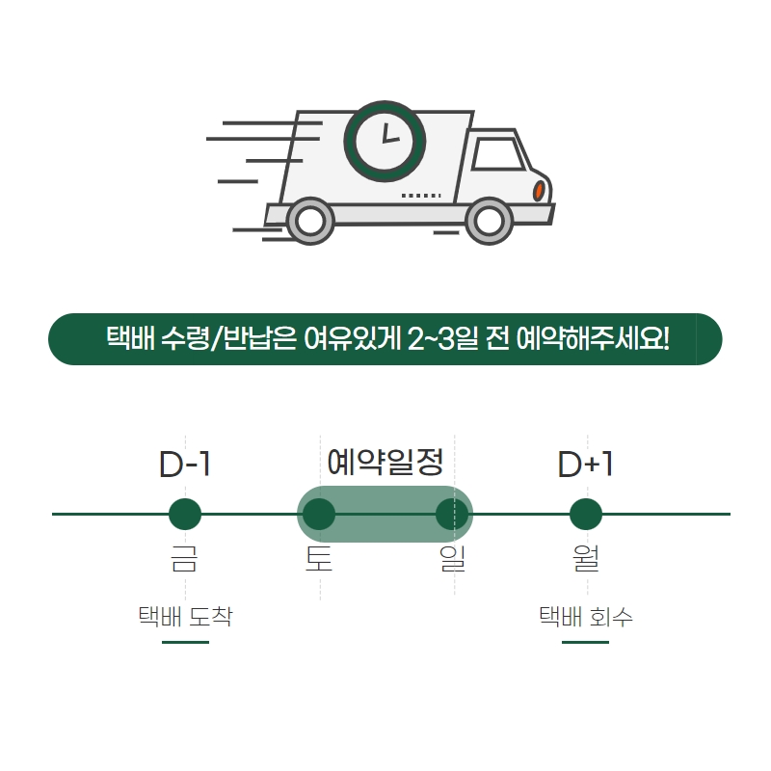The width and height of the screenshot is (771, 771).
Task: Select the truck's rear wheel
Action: point(309,221)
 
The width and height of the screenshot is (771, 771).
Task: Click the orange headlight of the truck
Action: point(539,191)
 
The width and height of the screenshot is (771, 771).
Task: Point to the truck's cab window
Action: point(496,152)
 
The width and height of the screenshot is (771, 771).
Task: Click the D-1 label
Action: point(185,465)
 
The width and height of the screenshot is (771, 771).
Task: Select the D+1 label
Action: point(585,465)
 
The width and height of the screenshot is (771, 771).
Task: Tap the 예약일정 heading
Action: point(385,463)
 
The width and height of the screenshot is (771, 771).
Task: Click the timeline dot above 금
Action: point(185,515)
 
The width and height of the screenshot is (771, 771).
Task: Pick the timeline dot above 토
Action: point(318,515)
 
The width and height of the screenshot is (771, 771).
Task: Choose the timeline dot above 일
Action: point(452,515)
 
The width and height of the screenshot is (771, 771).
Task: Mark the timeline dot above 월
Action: point(585,515)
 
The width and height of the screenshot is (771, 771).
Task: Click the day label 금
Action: point(185,559)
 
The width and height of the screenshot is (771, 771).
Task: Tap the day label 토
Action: point(318,559)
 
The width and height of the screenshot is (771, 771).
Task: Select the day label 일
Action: point(452,559)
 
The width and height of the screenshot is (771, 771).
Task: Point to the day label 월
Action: point(585,559)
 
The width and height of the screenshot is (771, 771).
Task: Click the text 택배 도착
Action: point(185,616)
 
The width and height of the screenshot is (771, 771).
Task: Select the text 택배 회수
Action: point(585,616)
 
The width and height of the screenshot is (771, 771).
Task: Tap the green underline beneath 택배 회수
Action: point(585,642)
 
